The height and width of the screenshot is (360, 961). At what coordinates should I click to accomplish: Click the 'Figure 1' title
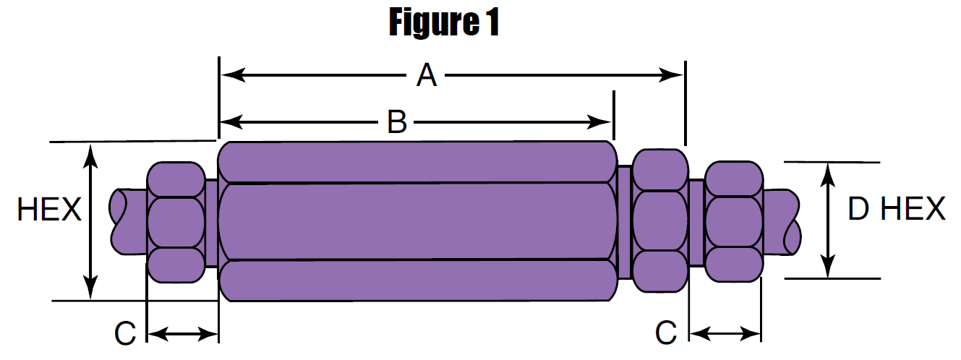pyautogui.click(x=444, y=22)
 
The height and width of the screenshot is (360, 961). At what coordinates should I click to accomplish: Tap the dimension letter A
pyautogui.click(x=427, y=75)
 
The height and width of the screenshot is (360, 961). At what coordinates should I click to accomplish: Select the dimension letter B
pyautogui.click(x=396, y=121)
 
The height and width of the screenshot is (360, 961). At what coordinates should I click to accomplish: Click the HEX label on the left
pyautogui.click(x=49, y=210)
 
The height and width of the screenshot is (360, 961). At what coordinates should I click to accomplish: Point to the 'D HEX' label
pyautogui.click(x=896, y=210)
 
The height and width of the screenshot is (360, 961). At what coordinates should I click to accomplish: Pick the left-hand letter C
pyautogui.click(x=125, y=333)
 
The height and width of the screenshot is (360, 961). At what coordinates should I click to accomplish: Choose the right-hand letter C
pyautogui.click(x=666, y=333)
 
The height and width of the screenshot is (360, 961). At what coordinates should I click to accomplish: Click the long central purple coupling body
pyautogui.click(x=417, y=221)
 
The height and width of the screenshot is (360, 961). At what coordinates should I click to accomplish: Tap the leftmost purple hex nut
pyautogui.click(x=176, y=222)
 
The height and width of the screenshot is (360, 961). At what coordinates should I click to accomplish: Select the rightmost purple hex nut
pyautogui.click(x=733, y=221)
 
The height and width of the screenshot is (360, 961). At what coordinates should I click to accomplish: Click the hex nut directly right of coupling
pyautogui.click(x=659, y=220)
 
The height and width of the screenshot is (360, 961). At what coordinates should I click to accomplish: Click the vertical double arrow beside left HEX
pyautogui.click(x=90, y=221)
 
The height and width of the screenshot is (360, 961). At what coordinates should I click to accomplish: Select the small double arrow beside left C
pyautogui.click(x=182, y=334)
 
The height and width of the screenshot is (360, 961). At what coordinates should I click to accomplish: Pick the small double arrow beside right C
pyautogui.click(x=725, y=334)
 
